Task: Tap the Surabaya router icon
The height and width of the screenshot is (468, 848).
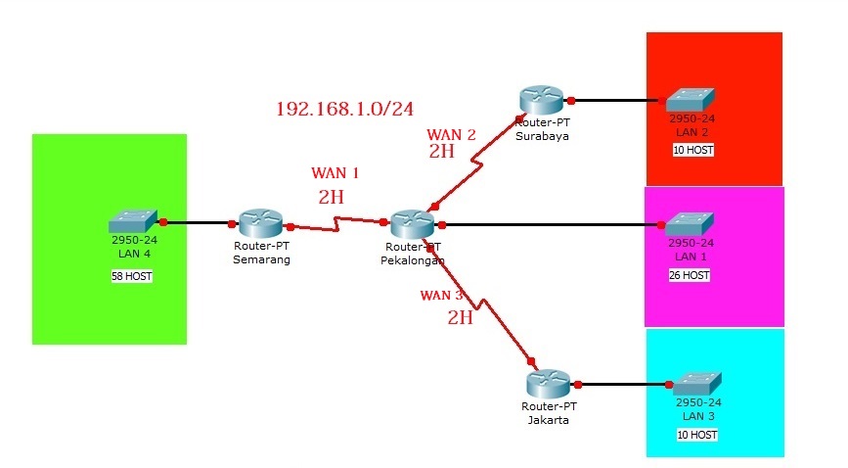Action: click(542, 99)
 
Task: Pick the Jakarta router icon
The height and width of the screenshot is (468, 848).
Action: click(548, 383)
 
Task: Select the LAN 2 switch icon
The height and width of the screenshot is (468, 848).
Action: click(691, 100)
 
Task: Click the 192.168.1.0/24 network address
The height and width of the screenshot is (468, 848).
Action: click(344, 109)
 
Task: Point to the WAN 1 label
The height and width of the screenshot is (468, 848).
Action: click(335, 172)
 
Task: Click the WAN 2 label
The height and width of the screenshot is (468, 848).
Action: click(451, 134)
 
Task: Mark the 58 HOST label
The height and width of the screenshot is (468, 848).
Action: click(132, 277)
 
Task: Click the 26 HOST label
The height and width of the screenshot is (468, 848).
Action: click(691, 276)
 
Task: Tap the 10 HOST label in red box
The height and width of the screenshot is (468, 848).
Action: click(692, 150)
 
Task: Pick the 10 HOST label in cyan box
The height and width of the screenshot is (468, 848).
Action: click(695, 434)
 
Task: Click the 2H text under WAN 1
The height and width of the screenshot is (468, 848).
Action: click(331, 197)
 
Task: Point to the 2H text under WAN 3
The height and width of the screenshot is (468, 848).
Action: click(460, 317)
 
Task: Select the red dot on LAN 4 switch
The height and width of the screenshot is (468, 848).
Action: click(163, 222)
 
